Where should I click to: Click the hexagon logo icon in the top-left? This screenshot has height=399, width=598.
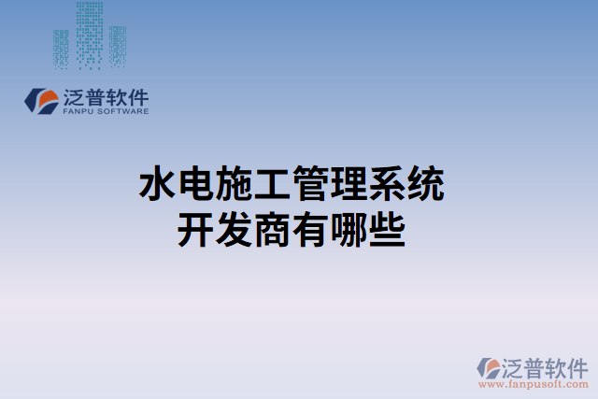(42, 101)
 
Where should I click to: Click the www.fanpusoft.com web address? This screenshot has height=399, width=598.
(534, 383)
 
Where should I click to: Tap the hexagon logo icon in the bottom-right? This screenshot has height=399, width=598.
(490, 369)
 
